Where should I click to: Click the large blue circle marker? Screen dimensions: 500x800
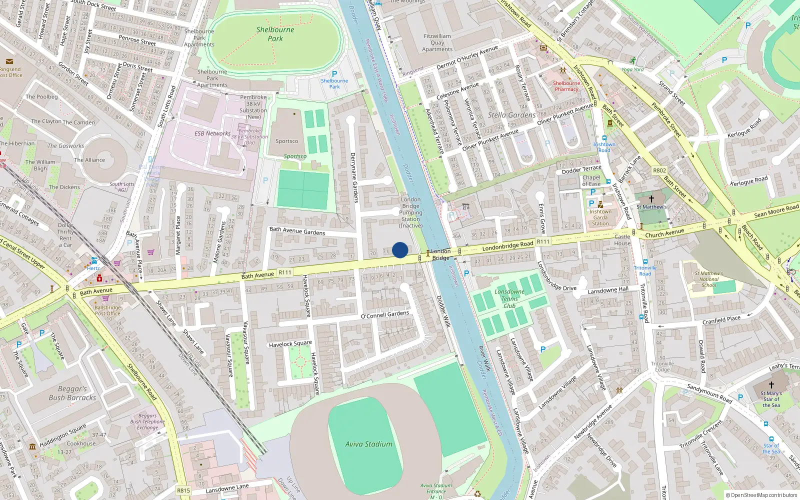(x=400, y=250)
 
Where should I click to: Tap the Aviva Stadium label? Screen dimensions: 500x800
(x=368, y=444)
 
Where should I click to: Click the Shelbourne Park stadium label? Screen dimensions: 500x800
(x=275, y=34)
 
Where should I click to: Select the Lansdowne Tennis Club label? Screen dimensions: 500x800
(x=509, y=298)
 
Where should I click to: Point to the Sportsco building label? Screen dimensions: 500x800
(x=286, y=141)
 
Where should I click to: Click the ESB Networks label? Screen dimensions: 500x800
(x=212, y=133)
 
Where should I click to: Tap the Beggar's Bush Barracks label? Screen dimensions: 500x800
(x=72, y=393)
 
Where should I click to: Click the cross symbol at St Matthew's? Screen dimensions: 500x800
(x=651, y=198)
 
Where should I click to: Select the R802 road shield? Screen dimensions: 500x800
(x=659, y=170)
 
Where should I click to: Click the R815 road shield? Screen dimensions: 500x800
(x=183, y=490)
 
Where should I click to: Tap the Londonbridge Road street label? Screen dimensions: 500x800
(x=507, y=245)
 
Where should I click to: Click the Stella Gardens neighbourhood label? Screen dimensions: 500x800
(x=511, y=115)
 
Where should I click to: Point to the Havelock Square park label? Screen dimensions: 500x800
(x=290, y=344)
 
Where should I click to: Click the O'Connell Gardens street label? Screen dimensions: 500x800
(x=385, y=315)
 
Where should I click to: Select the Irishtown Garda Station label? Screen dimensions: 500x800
(x=600, y=217)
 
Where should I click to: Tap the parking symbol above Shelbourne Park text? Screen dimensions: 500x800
(x=334, y=73)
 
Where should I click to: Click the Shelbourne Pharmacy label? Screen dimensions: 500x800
(x=566, y=86)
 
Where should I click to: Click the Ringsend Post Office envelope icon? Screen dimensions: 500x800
(x=9, y=61)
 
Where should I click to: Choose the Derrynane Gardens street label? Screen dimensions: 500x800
(x=354, y=177)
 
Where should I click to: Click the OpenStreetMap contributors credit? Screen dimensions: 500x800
(x=761, y=495)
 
